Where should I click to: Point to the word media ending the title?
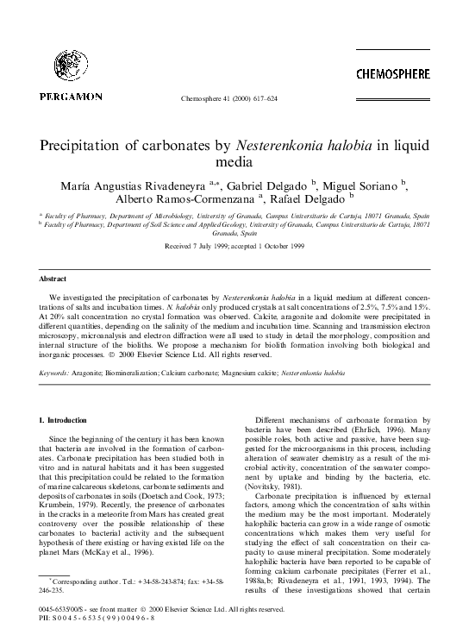(x=234, y=161)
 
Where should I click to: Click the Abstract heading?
(x=53, y=279)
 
